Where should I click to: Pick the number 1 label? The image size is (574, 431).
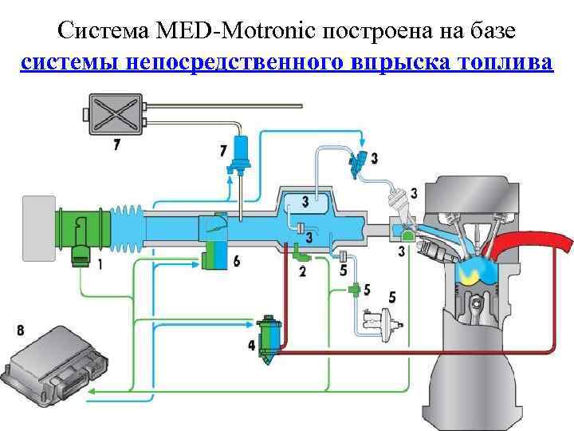click(x=99, y=266)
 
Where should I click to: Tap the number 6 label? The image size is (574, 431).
click(x=236, y=261)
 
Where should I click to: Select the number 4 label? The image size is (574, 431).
click(x=253, y=346)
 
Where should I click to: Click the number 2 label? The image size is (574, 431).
click(x=302, y=271)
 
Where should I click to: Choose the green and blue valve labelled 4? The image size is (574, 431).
click(x=268, y=339)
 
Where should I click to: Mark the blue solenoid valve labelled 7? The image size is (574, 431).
click(x=238, y=152)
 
